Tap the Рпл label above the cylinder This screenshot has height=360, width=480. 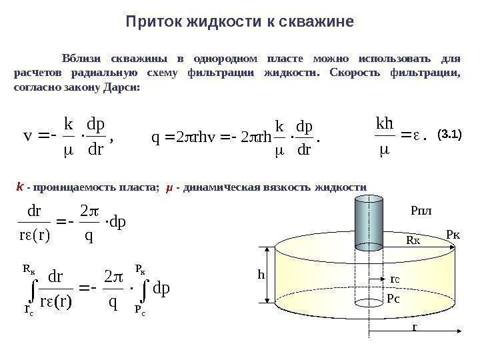pos(421,211)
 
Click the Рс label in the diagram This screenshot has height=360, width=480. pos(393,300)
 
